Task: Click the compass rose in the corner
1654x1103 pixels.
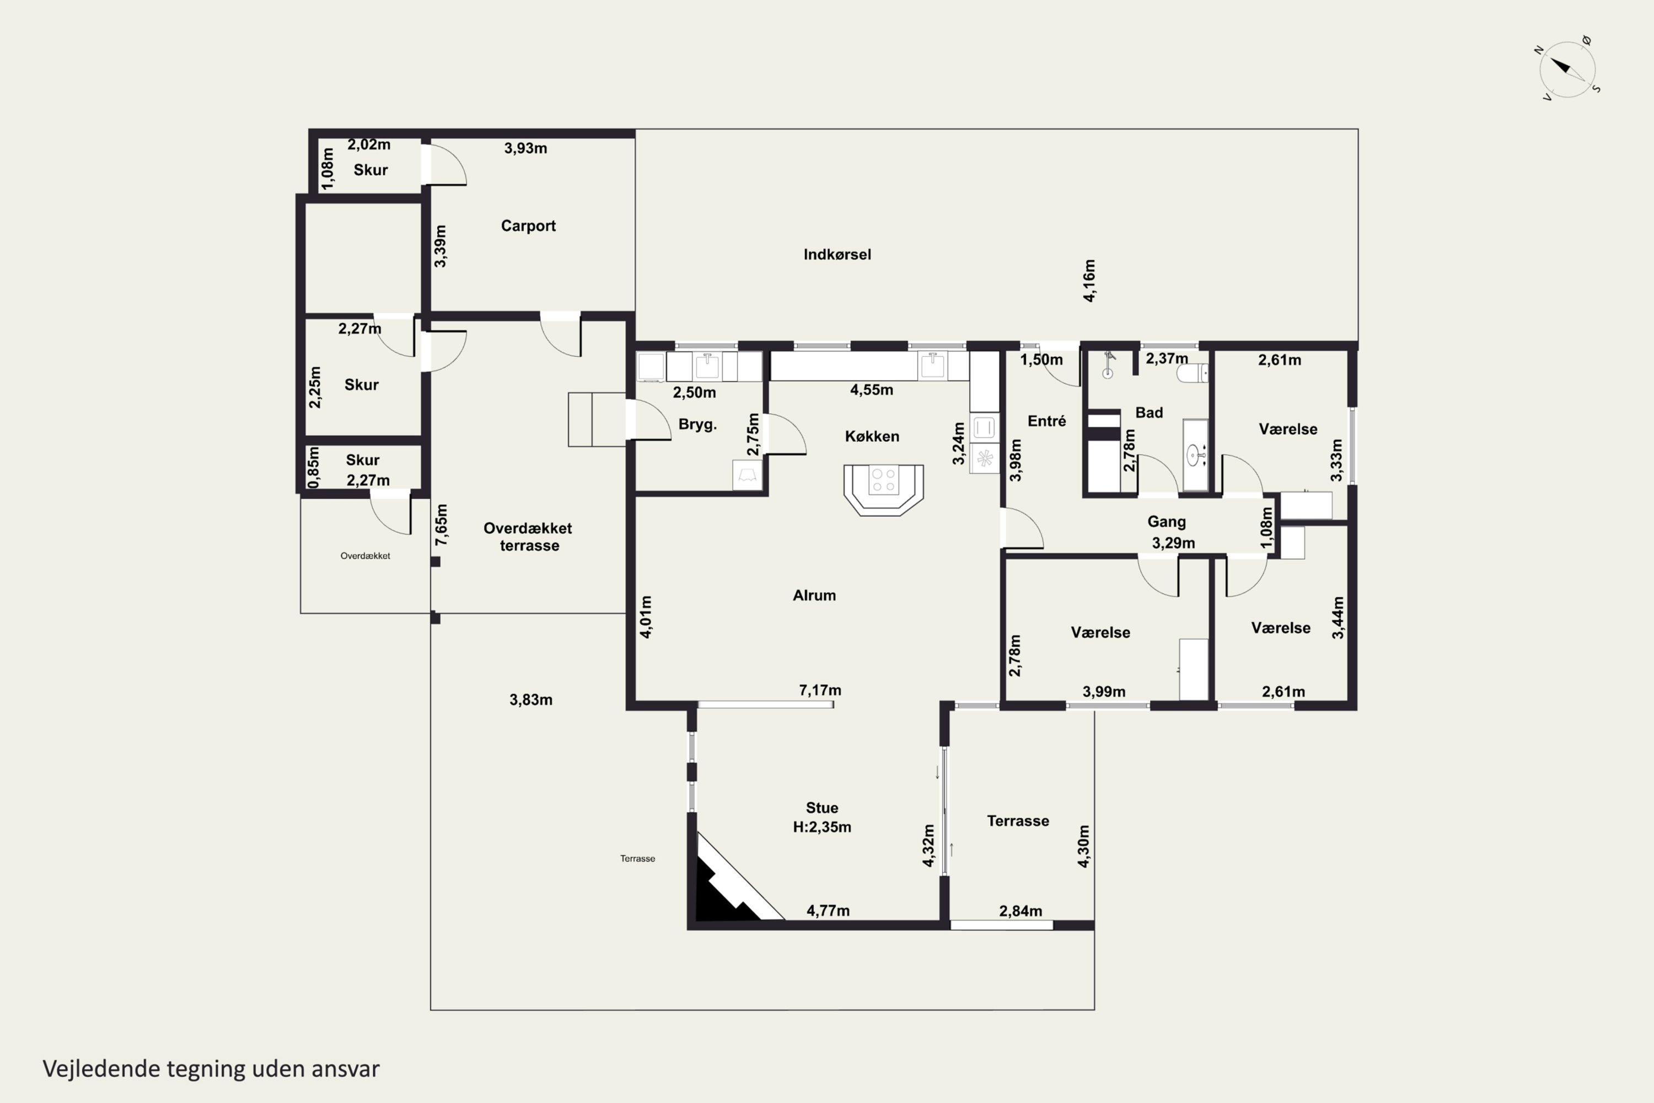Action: pos(1567,69)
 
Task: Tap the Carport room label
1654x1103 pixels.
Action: pos(528,226)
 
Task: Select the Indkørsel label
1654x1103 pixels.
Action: pos(837,255)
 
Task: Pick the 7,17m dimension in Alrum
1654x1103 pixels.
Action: pos(820,690)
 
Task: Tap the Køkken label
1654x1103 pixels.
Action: pos(872,436)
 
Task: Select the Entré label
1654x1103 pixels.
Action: pos(1046,421)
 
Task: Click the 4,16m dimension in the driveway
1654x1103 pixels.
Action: pos(1088,281)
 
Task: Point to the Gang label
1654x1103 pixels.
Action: pos(1167,522)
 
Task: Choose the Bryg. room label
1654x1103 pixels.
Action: pos(697,424)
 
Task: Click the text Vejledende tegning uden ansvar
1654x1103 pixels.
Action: pos(211,1069)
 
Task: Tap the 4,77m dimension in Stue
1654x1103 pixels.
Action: pos(828,911)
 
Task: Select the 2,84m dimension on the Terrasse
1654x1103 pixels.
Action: pos(1021,911)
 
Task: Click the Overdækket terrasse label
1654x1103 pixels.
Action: pos(528,537)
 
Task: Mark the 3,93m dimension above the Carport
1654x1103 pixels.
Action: pos(525,148)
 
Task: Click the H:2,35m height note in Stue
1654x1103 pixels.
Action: pos(822,827)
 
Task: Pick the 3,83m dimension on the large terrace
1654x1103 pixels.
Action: pos(531,700)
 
